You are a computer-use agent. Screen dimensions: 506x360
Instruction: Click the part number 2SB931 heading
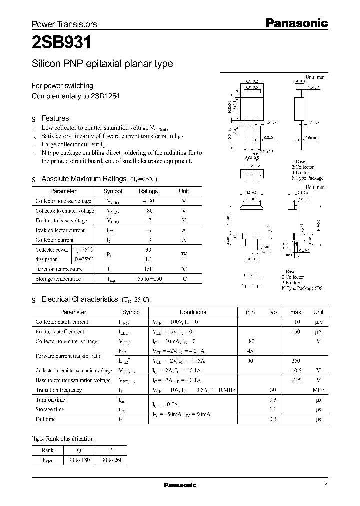pyautogui.click(x=61, y=43)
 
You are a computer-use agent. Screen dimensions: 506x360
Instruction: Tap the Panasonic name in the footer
pyautogui.click(x=180, y=485)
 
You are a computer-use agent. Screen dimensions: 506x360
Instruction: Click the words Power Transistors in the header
pyautogui.click(x=64, y=24)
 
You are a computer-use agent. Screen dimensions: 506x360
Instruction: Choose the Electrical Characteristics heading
pyautogui.click(x=79, y=299)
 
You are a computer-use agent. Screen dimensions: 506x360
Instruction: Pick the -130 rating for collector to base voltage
pyautogui.click(x=148, y=201)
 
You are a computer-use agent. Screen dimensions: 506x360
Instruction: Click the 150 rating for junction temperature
pyautogui.click(x=148, y=269)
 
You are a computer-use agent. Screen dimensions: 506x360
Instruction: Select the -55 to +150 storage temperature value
pyautogui.click(x=148, y=279)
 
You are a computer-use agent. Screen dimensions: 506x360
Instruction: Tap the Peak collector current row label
pyautogui.click(x=60, y=230)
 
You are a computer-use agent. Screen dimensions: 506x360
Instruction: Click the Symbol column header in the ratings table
pyautogui.click(x=112, y=191)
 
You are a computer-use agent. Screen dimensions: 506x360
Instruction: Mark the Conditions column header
pyautogui.click(x=193, y=312)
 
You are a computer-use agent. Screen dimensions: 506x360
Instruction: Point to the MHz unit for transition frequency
pyautogui.click(x=318, y=390)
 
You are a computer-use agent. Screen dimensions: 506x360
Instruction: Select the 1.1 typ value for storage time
pyautogui.click(x=273, y=409)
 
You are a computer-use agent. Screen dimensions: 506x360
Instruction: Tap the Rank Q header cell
pyautogui.click(x=78, y=450)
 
